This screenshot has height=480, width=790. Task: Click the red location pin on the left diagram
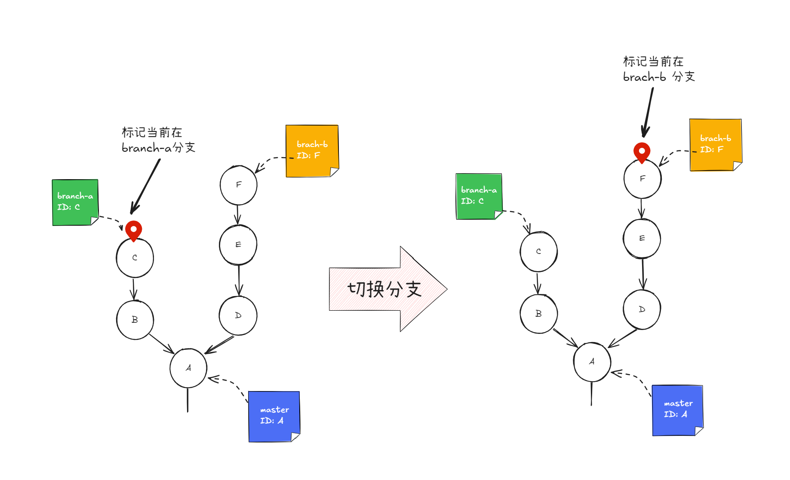point(134,230)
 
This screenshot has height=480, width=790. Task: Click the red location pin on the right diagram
point(642,152)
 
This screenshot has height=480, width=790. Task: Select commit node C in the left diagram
point(135,258)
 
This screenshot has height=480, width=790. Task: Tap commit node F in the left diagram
point(239,185)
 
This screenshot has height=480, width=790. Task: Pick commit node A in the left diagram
point(188,368)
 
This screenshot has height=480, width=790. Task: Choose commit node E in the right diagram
point(642,238)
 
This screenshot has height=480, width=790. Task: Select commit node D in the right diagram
point(642,309)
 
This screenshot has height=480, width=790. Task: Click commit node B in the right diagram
point(538,314)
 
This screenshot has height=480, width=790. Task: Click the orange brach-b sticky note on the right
point(716,144)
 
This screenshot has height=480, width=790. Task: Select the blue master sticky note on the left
point(274,416)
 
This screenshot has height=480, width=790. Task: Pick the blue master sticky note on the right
point(678,410)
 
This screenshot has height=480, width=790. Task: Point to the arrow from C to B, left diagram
point(134,289)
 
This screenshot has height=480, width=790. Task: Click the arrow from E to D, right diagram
point(643,274)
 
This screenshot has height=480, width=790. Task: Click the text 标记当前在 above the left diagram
point(152,132)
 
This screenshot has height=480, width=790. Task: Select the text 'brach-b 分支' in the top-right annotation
point(659,77)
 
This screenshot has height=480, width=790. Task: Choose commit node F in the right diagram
point(642,178)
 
